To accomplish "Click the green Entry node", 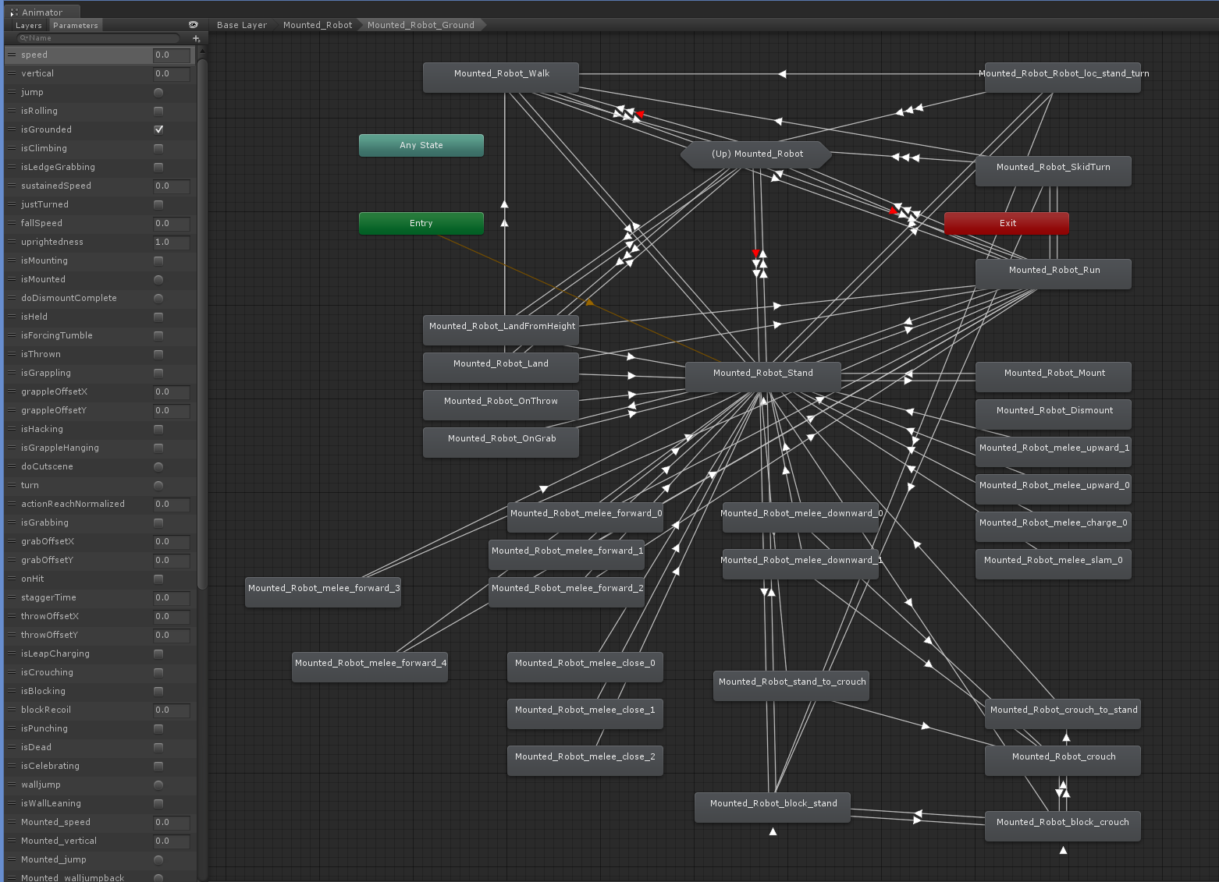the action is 421,223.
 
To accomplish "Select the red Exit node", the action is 1007,223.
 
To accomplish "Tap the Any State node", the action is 421,145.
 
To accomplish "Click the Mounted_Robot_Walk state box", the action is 501,76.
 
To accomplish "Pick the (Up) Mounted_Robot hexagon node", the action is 756,154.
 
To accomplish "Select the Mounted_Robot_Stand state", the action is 762,377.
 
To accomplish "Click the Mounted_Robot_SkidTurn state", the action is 1053,171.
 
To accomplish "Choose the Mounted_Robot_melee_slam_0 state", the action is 1053,564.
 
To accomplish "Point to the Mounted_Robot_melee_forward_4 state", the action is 370,667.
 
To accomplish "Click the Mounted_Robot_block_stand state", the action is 772,807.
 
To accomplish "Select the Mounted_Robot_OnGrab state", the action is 501,442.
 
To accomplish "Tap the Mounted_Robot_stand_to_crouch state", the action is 791,685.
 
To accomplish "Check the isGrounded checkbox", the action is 158,129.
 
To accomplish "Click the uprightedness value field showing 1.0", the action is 172,242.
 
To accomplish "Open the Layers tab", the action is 28,25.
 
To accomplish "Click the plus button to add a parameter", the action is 196,38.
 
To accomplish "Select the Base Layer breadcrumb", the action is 242,25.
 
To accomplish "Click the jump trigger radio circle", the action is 158,93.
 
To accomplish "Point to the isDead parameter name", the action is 36,747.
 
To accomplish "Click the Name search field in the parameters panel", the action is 98,38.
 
